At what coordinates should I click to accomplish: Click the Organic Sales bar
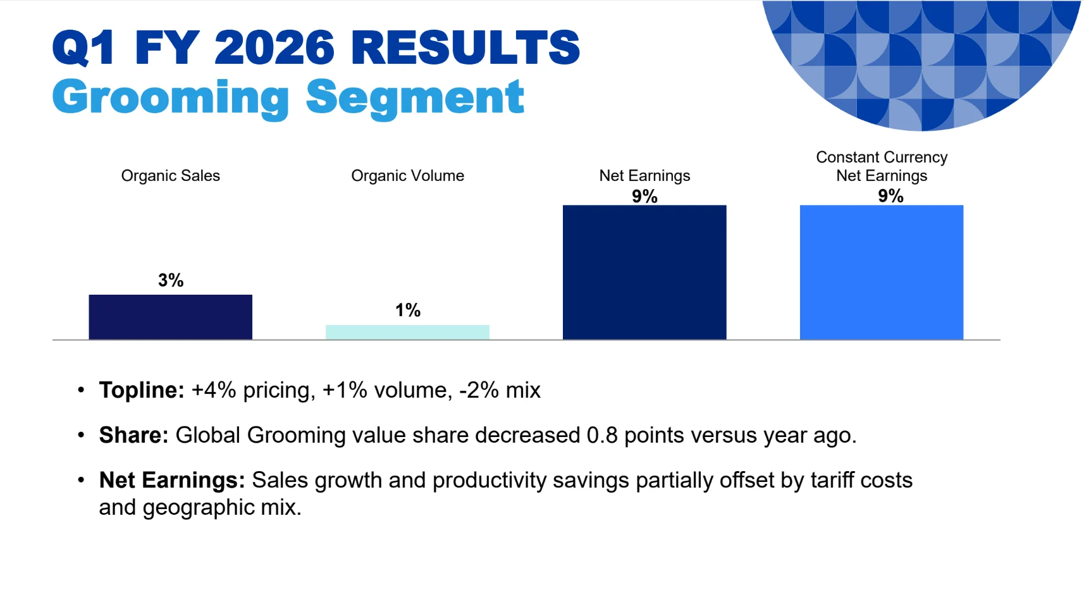coord(170,317)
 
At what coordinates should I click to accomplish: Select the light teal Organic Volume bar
coord(407,332)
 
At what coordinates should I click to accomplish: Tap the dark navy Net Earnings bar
coord(644,273)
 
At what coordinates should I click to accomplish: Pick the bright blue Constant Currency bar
coord(882,273)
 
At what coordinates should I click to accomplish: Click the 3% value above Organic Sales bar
coord(171,280)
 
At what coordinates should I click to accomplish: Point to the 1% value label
coord(408,310)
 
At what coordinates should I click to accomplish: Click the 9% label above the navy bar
coord(644,197)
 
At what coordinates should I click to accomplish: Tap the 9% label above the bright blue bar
coord(891,196)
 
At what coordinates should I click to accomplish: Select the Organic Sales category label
coord(170,176)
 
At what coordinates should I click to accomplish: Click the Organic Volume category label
coord(407,176)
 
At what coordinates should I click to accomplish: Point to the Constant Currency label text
coord(882,157)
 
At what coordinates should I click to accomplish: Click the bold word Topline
coord(142,390)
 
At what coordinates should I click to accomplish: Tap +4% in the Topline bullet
coord(214,390)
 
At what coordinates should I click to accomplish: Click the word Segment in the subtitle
coord(416,98)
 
